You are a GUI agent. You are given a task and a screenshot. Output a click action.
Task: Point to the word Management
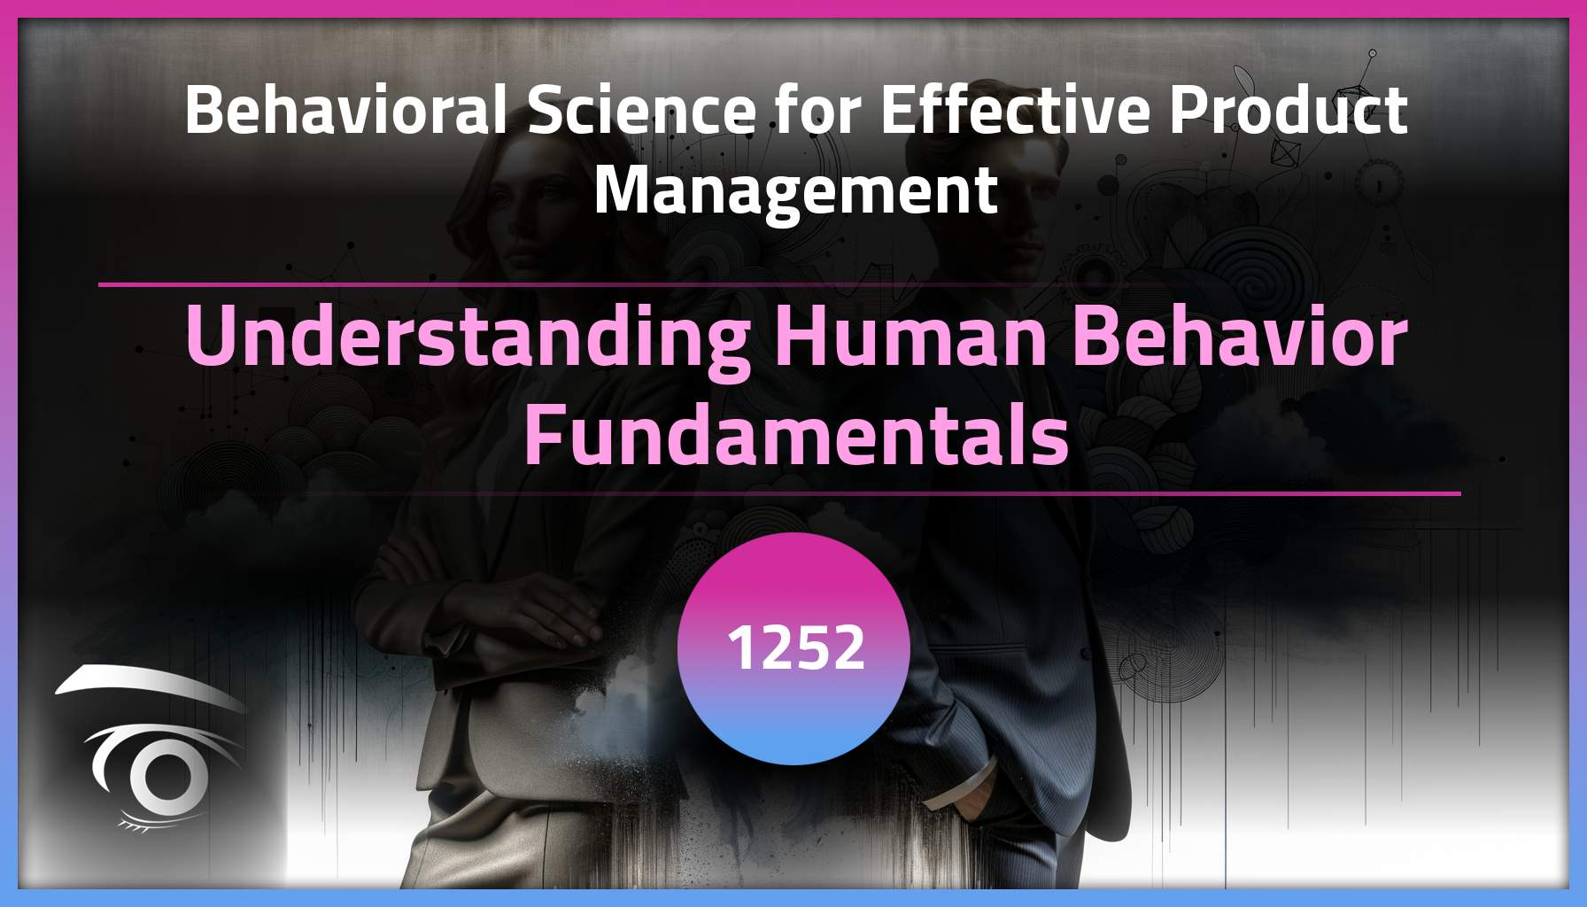coord(795,190)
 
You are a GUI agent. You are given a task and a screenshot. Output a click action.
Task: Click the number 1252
coord(794,647)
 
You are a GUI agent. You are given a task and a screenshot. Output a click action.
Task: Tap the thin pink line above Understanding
coord(443,284)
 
